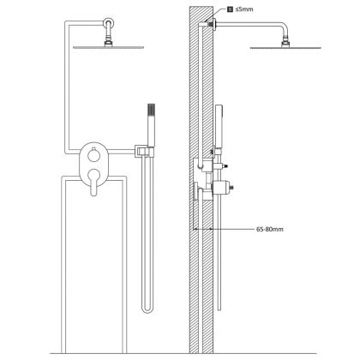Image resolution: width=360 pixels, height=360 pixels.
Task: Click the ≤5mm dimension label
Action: click(244, 9)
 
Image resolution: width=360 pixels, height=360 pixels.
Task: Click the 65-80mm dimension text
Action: click(270, 229)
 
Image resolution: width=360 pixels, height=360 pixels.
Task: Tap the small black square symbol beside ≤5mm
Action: click(230, 9)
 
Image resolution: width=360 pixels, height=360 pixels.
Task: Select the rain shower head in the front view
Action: click(108, 47)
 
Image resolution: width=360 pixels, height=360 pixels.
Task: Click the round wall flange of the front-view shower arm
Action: click(108, 22)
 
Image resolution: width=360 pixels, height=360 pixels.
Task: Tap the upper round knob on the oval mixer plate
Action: click(93, 156)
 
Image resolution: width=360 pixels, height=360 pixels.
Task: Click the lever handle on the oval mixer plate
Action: click(93, 182)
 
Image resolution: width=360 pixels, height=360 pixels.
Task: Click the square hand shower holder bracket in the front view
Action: click(141, 151)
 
